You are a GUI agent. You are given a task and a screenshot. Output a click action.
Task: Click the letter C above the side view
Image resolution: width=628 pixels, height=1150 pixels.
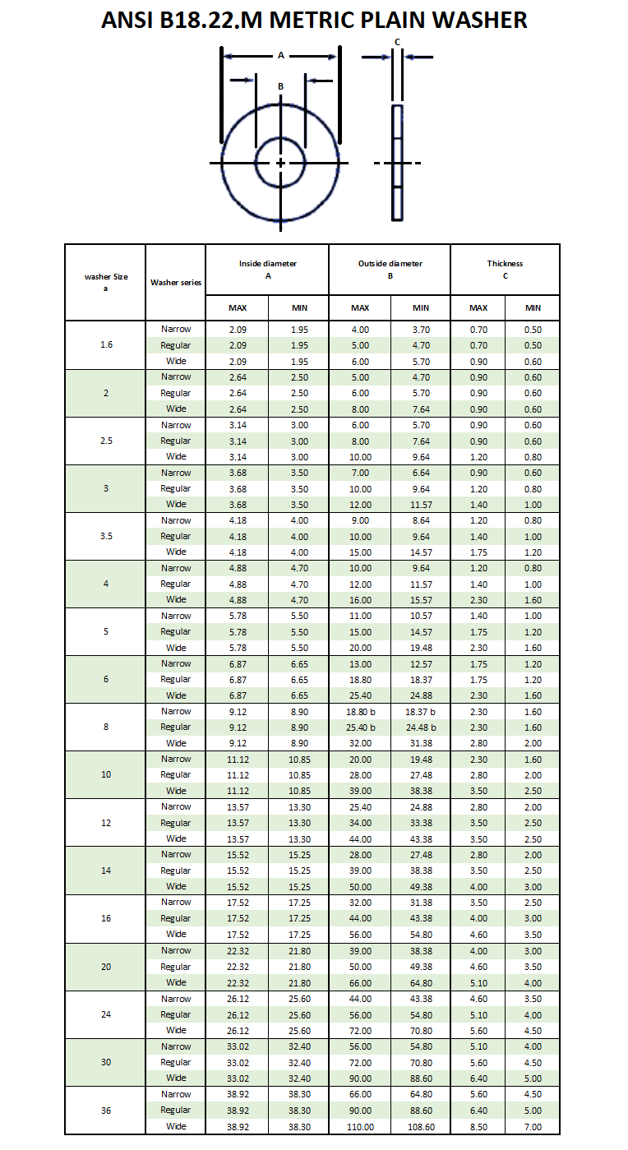[x=397, y=42]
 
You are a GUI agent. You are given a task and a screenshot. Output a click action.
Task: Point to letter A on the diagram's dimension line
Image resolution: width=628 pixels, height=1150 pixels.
[x=280, y=56]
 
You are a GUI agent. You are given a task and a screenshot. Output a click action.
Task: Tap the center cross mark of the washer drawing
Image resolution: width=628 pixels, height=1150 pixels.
[x=280, y=163]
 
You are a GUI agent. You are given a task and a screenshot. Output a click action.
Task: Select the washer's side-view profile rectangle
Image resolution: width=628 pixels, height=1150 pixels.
[x=397, y=162]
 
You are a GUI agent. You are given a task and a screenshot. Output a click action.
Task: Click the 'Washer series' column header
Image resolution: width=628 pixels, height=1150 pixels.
[x=175, y=282]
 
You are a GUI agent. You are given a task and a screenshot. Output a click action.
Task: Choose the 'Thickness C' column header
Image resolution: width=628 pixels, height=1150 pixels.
[x=505, y=269]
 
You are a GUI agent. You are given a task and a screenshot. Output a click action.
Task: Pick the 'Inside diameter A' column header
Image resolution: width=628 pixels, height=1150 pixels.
[x=267, y=269]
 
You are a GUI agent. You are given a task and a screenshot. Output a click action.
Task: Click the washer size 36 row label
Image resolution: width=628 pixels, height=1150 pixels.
[x=106, y=1110]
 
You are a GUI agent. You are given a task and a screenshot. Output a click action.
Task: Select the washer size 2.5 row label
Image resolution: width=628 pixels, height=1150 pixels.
[x=106, y=441]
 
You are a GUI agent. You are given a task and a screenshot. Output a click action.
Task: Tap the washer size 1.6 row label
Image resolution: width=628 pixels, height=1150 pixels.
[x=106, y=344]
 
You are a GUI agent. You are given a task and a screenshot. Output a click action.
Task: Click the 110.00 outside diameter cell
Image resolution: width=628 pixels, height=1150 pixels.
[x=360, y=1126]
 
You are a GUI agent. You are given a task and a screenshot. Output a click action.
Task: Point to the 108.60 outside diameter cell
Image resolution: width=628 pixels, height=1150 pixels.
[x=421, y=1126]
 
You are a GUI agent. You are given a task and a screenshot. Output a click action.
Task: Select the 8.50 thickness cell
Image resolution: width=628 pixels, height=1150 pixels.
[x=478, y=1126]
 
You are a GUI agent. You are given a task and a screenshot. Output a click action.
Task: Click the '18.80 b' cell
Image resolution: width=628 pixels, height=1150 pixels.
[x=360, y=711]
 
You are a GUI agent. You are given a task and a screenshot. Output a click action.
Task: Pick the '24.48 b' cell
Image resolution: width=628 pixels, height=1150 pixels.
[x=421, y=727]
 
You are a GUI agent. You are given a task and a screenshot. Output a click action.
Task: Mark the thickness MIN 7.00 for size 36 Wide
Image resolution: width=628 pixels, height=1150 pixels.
[x=533, y=1126]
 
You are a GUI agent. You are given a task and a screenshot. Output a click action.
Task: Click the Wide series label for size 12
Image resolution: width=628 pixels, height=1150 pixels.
[x=176, y=838]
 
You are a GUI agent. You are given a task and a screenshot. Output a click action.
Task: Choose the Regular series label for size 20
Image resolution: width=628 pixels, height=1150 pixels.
[x=176, y=967]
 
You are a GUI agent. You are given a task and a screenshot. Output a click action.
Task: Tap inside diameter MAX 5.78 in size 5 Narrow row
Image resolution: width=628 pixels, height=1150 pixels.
[x=238, y=616]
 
